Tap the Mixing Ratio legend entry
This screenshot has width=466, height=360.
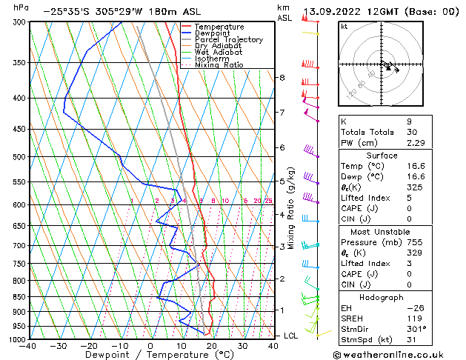(x=219, y=65)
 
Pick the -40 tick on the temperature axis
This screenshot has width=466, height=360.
(x=28, y=346)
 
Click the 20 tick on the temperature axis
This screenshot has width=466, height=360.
(x=212, y=346)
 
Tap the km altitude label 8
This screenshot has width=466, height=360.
(x=282, y=78)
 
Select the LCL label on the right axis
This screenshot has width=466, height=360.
(x=291, y=336)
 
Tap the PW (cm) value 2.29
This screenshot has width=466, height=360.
(x=416, y=143)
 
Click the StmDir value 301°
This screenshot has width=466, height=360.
(x=416, y=328)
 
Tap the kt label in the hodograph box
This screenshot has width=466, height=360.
(x=344, y=26)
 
